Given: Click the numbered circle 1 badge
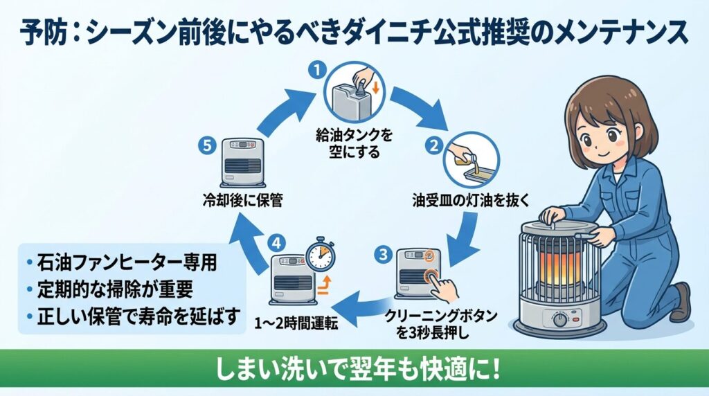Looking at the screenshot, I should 316,69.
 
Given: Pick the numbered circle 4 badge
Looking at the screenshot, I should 276,243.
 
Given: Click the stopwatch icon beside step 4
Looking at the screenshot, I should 320,257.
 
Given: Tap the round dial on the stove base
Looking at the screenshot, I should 557,321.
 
